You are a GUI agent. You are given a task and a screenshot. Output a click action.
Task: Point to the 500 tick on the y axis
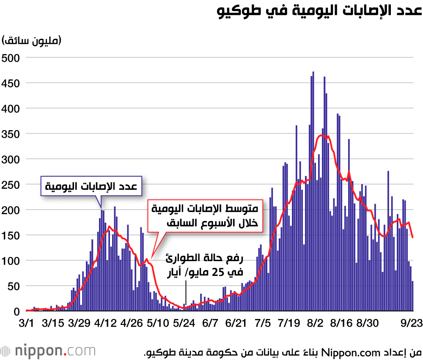point(11,57)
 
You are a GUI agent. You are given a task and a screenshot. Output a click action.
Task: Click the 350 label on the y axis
point(11,134)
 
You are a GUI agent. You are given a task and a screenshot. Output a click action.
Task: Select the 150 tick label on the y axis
point(11,235)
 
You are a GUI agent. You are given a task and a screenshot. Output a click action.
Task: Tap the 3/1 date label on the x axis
point(27,323)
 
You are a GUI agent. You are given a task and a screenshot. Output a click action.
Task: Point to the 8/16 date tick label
point(341,323)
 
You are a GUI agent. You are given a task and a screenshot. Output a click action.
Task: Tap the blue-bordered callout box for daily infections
point(91,186)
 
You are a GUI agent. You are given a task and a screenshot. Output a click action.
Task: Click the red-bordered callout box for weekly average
point(204,215)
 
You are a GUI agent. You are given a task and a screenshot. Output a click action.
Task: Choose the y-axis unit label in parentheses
point(32,41)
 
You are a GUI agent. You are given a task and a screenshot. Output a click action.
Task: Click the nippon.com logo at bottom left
point(47,350)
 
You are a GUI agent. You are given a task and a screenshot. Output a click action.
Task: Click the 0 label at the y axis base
point(16,311)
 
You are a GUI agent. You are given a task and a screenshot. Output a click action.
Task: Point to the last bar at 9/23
point(413,296)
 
